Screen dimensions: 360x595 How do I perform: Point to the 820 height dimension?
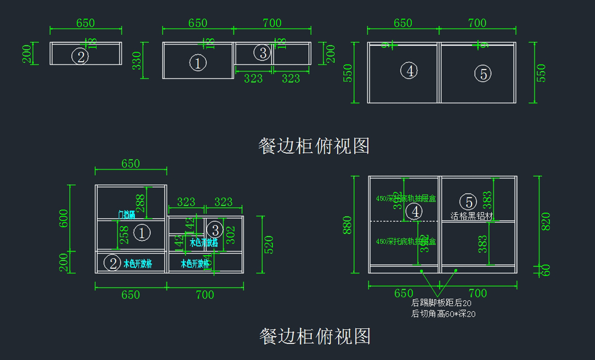pyautogui.click(x=545, y=221)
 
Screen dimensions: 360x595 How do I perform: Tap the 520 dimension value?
pyautogui.click(x=269, y=244)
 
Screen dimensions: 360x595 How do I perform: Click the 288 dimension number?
pyautogui.click(x=140, y=203)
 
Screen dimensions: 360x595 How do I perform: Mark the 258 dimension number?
pyautogui.click(x=124, y=234)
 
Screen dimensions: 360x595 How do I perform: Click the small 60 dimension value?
pyautogui.click(x=546, y=270)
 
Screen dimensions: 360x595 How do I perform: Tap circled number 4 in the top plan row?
pyautogui.click(x=410, y=71)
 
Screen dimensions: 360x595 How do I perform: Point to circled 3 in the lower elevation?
pyautogui.click(x=215, y=229)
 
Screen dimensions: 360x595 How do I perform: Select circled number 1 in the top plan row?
pyautogui.click(x=198, y=63)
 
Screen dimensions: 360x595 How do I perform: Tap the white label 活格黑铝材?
pyautogui.click(x=472, y=216)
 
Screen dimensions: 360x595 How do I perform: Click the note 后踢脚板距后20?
pyautogui.click(x=441, y=303)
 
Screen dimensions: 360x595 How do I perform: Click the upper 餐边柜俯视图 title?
pyautogui.click(x=314, y=146)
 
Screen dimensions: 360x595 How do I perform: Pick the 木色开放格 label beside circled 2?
pyautogui.click(x=137, y=264)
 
